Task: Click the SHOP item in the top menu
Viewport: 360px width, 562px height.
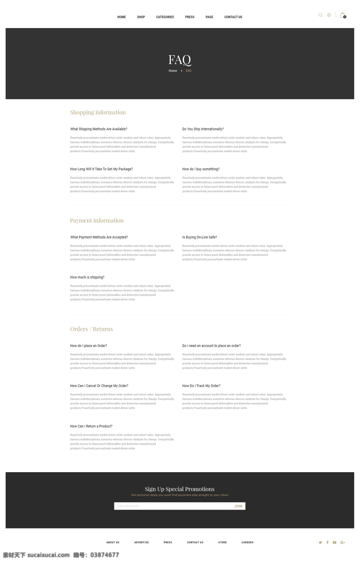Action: point(141,17)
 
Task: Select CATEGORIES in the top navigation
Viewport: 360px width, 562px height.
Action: point(165,17)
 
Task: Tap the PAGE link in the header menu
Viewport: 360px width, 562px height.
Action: point(209,17)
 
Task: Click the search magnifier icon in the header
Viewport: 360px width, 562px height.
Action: point(320,15)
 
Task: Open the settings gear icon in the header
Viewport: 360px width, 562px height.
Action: point(329,15)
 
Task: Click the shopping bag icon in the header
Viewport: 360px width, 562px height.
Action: point(343,15)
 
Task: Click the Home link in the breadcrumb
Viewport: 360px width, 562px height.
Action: point(173,71)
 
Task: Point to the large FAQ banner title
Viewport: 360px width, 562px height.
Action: point(180,60)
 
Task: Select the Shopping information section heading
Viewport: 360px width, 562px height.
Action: point(98,112)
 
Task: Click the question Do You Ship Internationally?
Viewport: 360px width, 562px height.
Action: point(203,129)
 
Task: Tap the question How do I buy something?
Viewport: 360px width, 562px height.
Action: point(201,169)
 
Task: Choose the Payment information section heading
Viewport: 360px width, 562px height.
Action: point(97,221)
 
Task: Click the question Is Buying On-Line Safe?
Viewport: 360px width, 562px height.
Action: point(199,237)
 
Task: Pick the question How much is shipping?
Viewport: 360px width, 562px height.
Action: point(87,277)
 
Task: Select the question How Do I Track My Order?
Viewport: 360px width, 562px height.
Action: point(201,386)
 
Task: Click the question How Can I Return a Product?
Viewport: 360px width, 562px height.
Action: point(91,426)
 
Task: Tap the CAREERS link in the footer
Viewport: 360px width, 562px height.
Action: point(247,542)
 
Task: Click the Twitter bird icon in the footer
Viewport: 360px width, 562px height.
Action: point(320,542)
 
